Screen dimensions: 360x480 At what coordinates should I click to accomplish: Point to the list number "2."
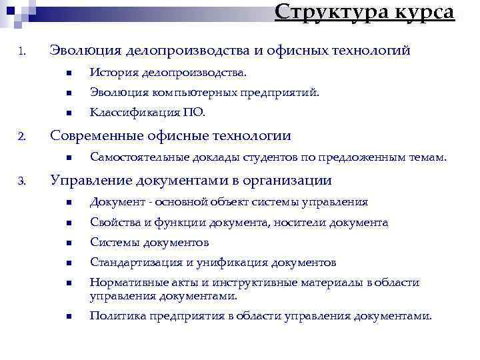tap(22, 137)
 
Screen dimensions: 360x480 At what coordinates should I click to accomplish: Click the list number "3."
tap(22, 181)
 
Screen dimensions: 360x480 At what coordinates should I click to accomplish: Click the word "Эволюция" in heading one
tap(84, 50)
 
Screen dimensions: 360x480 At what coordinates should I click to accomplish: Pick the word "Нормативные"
tap(127, 283)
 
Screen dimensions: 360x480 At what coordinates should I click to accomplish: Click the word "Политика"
tap(116, 316)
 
